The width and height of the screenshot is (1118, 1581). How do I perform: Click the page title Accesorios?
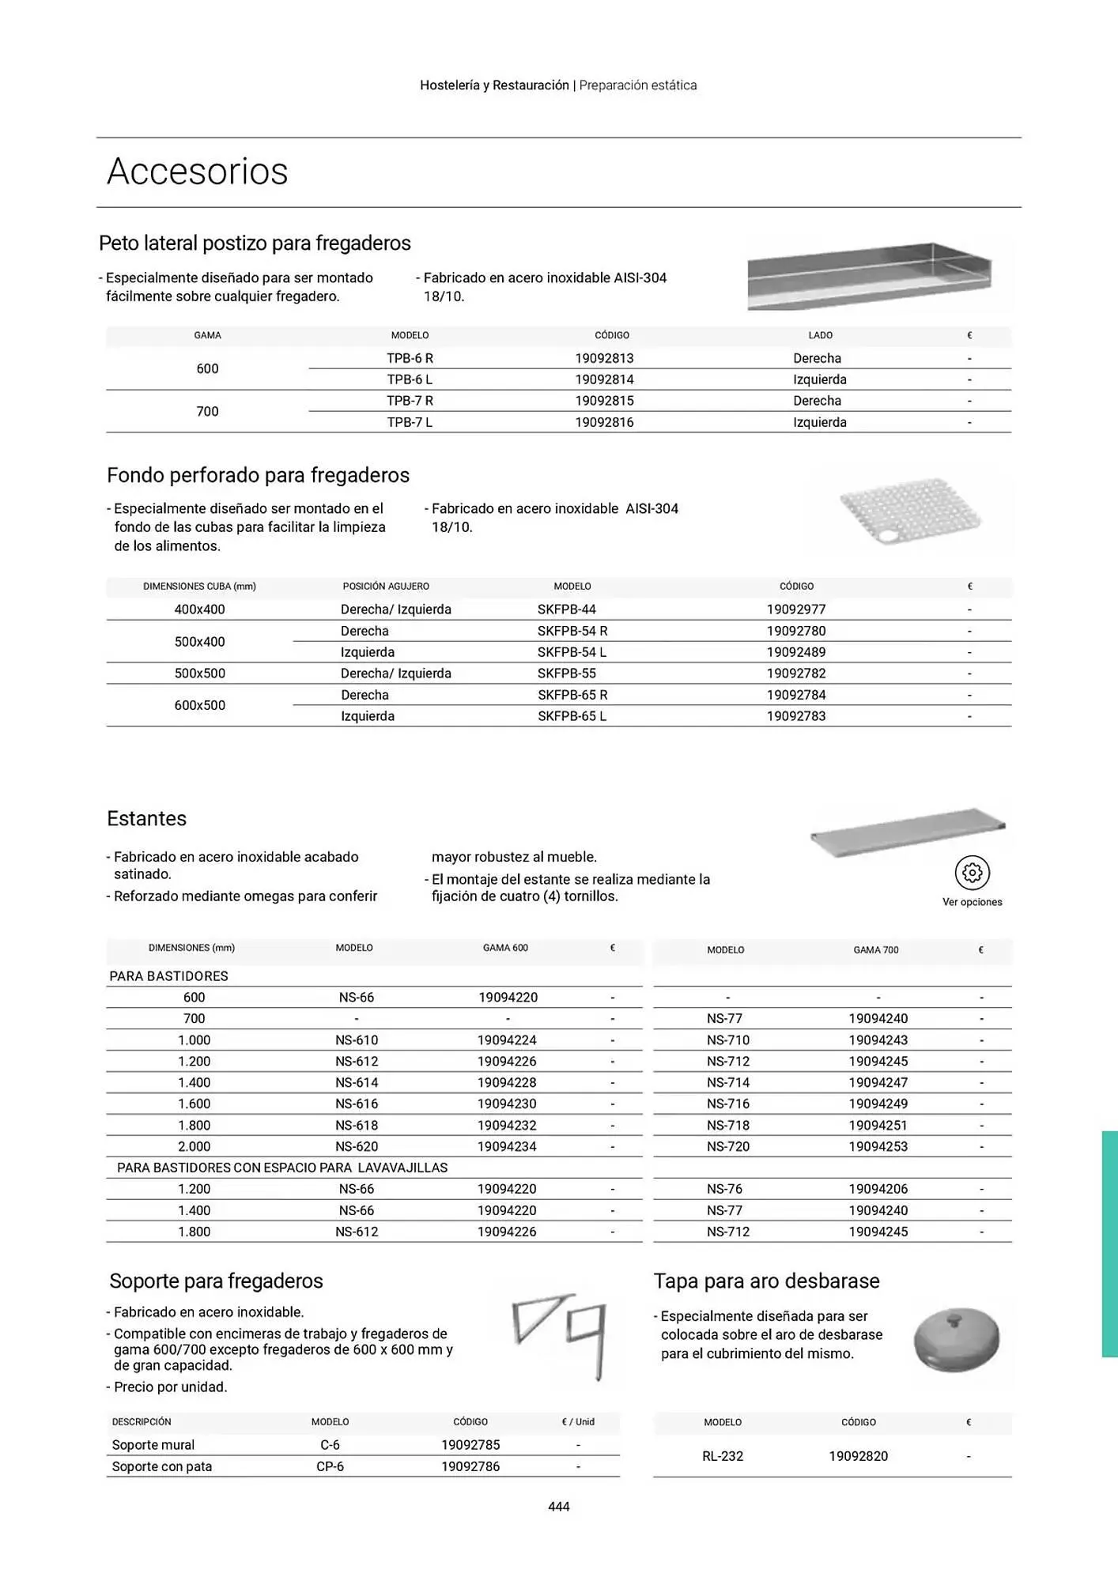click(x=197, y=172)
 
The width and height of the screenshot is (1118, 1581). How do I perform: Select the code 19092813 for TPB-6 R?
click(x=604, y=358)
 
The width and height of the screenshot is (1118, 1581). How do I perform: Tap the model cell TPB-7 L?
click(x=410, y=422)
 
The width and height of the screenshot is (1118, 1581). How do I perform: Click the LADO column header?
click(x=820, y=335)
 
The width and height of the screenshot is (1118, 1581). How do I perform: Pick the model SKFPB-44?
click(x=566, y=609)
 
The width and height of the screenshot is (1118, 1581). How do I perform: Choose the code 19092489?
click(x=795, y=652)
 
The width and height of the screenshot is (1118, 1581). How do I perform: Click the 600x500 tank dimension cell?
click(x=199, y=705)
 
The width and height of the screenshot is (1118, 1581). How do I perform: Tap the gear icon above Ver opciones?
click(x=972, y=873)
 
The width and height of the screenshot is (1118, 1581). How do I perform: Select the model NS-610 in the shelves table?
click(x=357, y=1040)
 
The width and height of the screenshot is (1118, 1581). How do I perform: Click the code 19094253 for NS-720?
click(x=878, y=1146)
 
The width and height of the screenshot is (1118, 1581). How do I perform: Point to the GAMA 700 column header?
click(x=875, y=950)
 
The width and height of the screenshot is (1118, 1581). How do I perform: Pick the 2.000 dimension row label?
click(x=194, y=1146)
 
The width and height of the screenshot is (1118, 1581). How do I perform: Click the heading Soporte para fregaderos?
click(x=216, y=1281)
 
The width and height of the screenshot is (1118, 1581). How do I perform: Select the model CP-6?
click(x=330, y=1466)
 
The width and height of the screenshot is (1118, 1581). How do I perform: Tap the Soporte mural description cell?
click(x=153, y=1445)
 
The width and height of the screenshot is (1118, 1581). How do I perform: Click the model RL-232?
click(x=723, y=1456)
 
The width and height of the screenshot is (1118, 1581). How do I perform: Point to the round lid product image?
click(x=956, y=1339)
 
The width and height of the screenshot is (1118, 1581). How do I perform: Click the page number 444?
click(x=558, y=1507)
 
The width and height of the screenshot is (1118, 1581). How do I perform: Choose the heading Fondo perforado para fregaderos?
click(x=258, y=475)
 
